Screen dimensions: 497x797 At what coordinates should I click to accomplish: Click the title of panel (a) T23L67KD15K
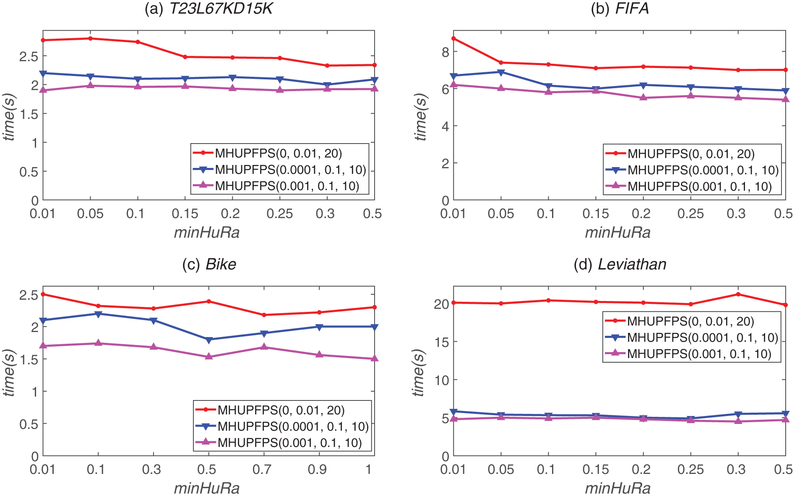tap(208, 8)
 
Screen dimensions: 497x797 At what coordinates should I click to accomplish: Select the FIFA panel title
tap(620, 8)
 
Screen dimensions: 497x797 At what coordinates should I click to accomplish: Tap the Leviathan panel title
tap(620, 264)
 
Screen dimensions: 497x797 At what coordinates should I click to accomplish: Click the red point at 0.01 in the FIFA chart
tap(453, 39)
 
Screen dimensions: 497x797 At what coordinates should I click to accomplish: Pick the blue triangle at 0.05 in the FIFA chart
tap(501, 72)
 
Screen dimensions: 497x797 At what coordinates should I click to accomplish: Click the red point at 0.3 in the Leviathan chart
tap(738, 294)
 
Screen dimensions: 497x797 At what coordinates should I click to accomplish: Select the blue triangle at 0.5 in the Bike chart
tap(209, 340)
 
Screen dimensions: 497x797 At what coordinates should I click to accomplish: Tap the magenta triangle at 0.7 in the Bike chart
tap(264, 347)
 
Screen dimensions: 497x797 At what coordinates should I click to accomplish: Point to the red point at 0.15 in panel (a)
tap(185, 57)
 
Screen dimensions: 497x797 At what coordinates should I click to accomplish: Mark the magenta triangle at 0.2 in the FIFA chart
tap(643, 97)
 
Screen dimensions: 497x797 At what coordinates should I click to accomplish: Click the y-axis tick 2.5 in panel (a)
tap(29, 56)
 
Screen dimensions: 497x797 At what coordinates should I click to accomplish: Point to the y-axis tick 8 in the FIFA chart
tap(445, 52)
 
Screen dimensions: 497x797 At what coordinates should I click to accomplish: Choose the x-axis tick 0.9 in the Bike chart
tap(318, 469)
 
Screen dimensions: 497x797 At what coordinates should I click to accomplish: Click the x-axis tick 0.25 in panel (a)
tap(279, 214)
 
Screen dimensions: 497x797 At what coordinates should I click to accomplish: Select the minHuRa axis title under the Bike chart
tap(207, 488)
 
